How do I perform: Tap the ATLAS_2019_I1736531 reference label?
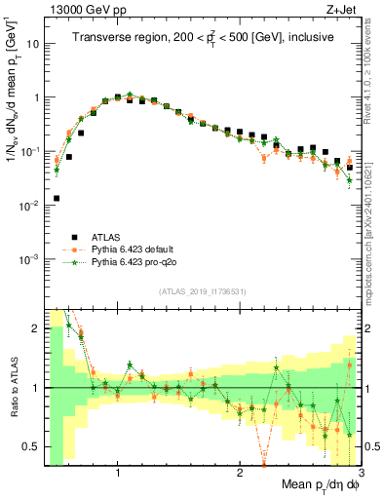tap(203, 293)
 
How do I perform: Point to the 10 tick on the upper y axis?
tap(33, 44)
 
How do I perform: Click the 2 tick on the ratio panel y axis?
tap(37, 328)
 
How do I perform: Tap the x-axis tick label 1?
tap(118, 473)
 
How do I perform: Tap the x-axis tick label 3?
tap(360, 473)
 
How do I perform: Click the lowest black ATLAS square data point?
tap(57, 198)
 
